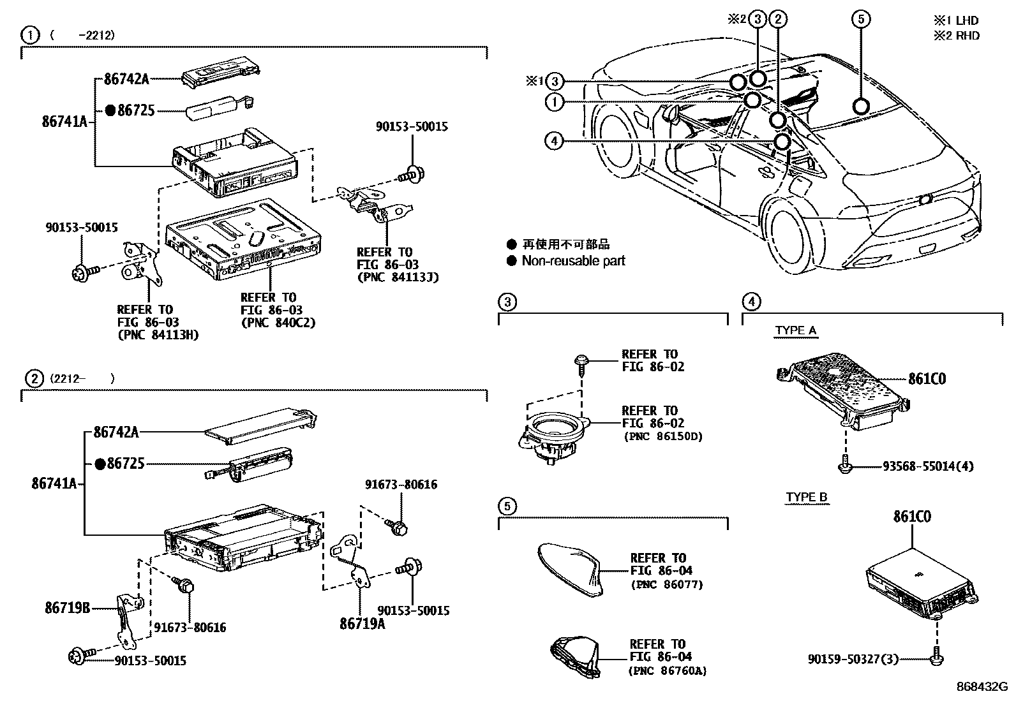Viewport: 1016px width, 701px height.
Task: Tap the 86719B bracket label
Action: point(67,608)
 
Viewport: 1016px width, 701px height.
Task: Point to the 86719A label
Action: point(362,623)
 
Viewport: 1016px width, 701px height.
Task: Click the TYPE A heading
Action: point(796,330)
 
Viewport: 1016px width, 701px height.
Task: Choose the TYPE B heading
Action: point(807,497)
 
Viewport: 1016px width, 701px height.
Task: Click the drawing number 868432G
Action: point(981,686)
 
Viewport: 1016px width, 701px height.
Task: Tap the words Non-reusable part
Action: point(573,260)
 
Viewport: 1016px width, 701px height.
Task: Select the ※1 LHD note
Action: point(955,21)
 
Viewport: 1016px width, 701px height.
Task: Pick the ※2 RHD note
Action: point(956,36)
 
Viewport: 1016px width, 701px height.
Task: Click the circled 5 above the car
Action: point(860,20)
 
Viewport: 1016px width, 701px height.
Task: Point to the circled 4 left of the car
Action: point(554,140)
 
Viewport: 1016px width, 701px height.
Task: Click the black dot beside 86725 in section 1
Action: point(110,110)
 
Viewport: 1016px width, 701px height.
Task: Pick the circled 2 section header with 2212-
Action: point(32,378)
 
